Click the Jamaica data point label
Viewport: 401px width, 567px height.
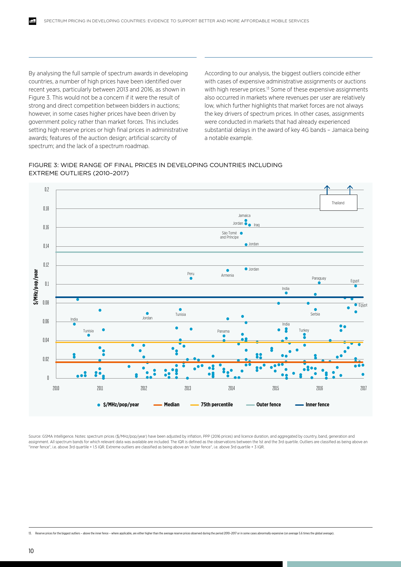(x=244, y=216)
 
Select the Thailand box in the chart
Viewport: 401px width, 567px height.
(x=338, y=203)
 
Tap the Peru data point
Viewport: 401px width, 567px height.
(x=191, y=278)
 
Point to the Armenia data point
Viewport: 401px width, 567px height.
(x=228, y=270)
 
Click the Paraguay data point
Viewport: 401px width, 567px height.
(x=319, y=283)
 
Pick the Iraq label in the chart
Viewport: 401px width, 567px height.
(x=256, y=225)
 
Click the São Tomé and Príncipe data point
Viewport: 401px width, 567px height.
(x=241, y=233)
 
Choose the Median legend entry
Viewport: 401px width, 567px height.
(x=167, y=405)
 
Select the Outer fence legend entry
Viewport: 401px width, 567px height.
(x=264, y=405)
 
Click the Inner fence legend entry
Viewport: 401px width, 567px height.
(x=312, y=405)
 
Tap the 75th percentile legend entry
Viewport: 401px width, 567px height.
(x=212, y=405)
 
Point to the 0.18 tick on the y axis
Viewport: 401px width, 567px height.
(x=46, y=209)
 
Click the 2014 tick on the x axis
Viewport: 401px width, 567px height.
(x=232, y=388)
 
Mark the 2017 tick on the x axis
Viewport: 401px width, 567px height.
(x=363, y=388)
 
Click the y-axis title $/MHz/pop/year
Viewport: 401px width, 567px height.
(x=36, y=287)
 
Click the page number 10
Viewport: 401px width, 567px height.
(x=31, y=551)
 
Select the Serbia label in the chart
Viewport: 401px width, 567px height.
(x=315, y=314)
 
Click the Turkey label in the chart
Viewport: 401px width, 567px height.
(x=304, y=330)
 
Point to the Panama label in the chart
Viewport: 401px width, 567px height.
(x=223, y=331)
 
